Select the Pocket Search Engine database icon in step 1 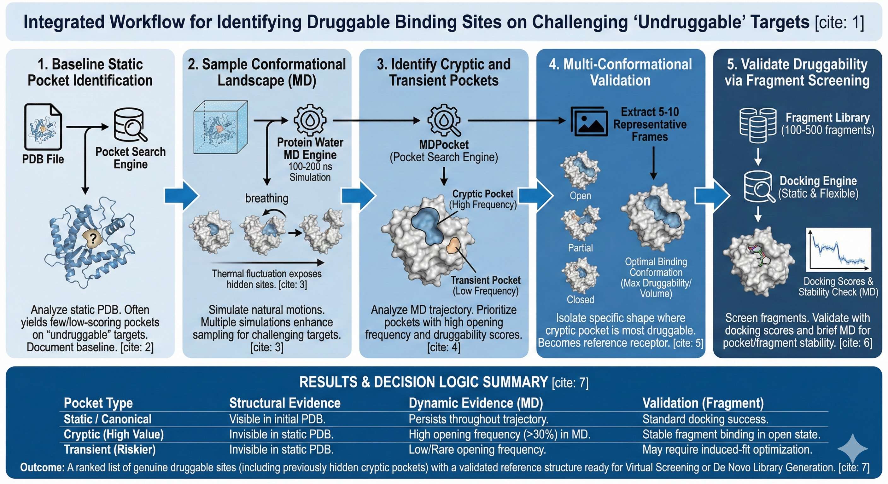click(x=130, y=125)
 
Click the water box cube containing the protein click(x=221, y=127)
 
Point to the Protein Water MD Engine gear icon click(x=310, y=120)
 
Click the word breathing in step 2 click(x=266, y=198)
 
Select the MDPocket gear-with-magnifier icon click(x=444, y=120)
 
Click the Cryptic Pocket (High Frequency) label click(x=482, y=199)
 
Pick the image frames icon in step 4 click(x=589, y=122)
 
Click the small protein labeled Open click(x=580, y=170)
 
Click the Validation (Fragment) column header click(x=703, y=403)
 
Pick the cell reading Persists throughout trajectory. click(x=478, y=419)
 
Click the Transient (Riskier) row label click(x=110, y=450)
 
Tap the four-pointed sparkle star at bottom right click(x=852, y=448)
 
